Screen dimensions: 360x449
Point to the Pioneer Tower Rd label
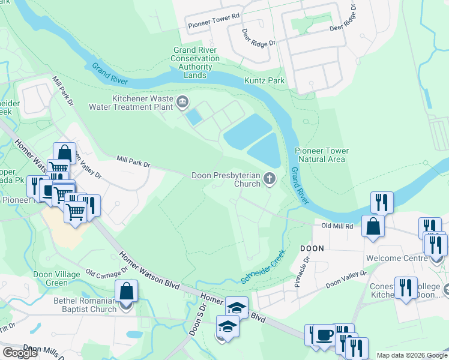(214, 25)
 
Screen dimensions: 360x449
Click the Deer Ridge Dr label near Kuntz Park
(259, 38)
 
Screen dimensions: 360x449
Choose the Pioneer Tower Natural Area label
(321, 155)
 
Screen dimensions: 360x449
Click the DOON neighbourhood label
(312, 247)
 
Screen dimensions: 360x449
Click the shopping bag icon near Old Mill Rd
(373, 227)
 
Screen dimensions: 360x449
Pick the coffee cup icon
(325, 335)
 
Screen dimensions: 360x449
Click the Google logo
(20, 353)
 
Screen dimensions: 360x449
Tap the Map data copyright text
(411, 355)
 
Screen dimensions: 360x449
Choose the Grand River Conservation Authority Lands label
(196, 62)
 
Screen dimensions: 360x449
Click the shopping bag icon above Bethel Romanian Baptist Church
(127, 292)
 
